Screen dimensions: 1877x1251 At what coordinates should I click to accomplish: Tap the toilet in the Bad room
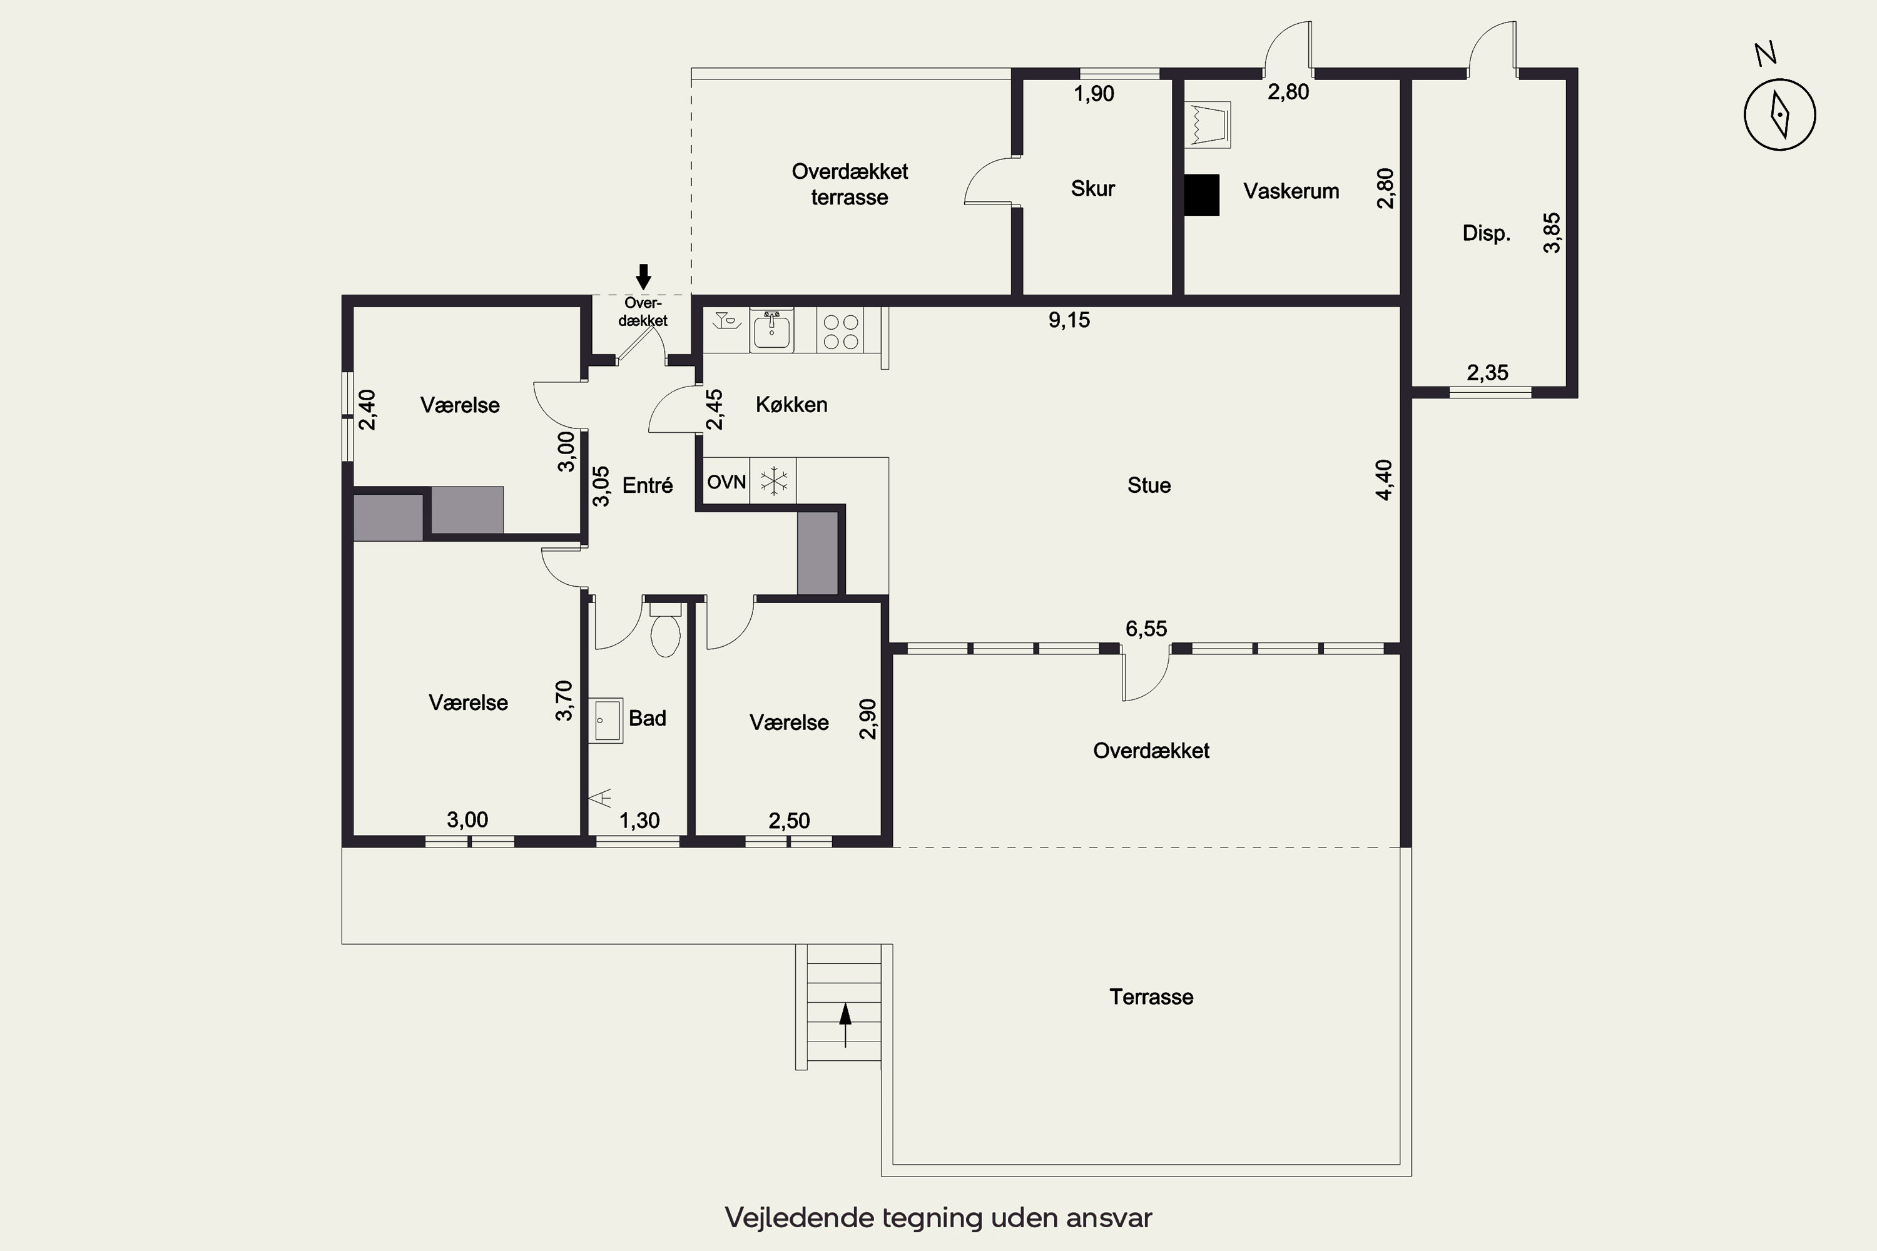[666, 629]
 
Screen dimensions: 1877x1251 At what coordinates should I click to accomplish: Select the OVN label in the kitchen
[726, 482]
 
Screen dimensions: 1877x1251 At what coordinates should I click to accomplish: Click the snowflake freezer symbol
[773, 481]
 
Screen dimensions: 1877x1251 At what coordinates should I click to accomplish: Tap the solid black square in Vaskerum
[1201, 195]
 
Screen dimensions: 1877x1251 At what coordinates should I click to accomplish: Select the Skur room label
[1092, 188]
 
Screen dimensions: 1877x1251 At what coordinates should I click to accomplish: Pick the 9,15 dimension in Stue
[1069, 320]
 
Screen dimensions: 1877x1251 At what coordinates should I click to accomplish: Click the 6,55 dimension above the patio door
[1146, 629]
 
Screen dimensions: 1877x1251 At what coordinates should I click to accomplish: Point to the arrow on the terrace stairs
[845, 1025]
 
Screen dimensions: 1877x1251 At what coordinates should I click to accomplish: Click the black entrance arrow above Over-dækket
[643, 277]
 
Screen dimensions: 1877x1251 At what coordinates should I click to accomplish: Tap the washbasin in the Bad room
[606, 721]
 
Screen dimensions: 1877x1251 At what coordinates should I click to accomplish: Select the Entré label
[647, 485]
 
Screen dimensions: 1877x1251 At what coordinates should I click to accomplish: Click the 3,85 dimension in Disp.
[1552, 232]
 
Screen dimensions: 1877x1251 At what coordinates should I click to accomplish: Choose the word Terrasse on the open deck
[1151, 996]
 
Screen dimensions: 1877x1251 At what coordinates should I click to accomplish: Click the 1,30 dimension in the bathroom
[639, 820]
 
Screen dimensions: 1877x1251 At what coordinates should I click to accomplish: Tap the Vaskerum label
[1290, 191]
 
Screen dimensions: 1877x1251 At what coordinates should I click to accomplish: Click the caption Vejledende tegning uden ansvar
[938, 1217]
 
